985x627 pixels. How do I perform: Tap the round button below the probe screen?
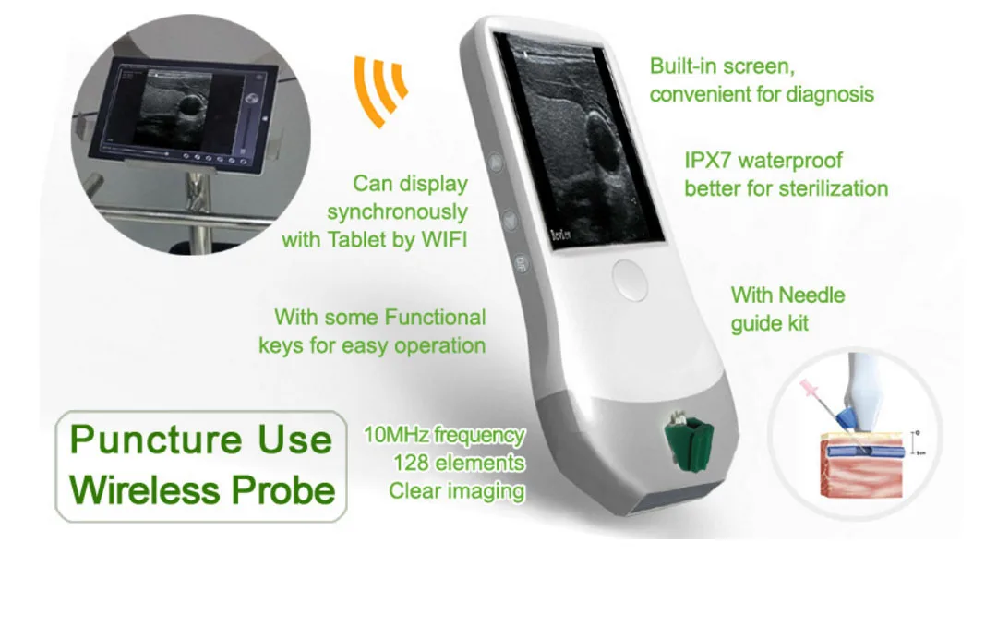click(x=629, y=276)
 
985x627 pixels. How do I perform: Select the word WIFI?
click(x=440, y=240)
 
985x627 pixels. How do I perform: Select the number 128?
click(x=412, y=463)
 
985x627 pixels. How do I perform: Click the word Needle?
click(x=811, y=295)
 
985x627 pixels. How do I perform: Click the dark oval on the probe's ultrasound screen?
click(x=605, y=139)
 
